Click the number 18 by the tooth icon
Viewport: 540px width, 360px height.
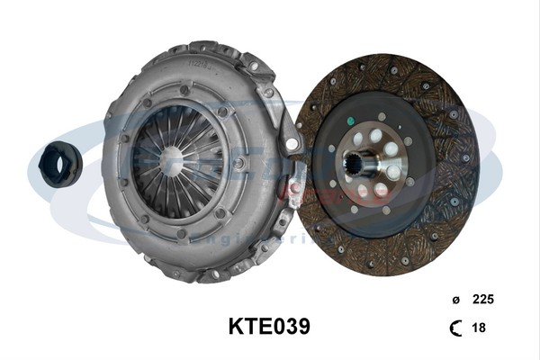(479, 328)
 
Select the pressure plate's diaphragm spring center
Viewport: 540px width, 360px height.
(172, 161)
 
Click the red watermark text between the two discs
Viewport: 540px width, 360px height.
(297, 190)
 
